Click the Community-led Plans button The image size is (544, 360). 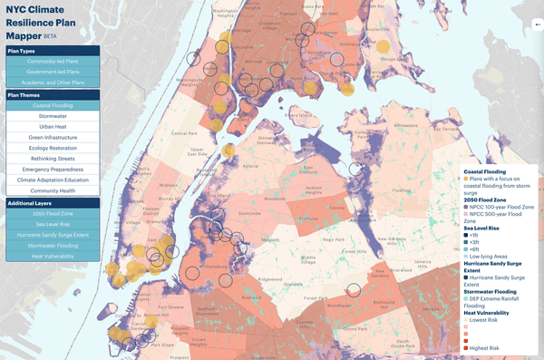[x=53, y=61]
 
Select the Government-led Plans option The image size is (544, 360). [x=53, y=72]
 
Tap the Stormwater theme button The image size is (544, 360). [x=53, y=116]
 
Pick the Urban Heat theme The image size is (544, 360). [x=53, y=127]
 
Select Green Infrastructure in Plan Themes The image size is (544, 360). [x=53, y=138]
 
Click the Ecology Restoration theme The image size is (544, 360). [x=53, y=148]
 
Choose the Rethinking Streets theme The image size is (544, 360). [x=53, y=159]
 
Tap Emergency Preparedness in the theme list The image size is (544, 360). [x=53, y=170]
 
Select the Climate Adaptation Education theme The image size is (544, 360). [x=53, y=180]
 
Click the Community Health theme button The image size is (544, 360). [x=53, y=191]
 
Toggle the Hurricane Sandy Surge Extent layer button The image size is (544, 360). [x=53, y=235]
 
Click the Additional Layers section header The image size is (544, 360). [x=53, y=203]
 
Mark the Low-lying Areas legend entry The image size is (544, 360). [x=489, y=257]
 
